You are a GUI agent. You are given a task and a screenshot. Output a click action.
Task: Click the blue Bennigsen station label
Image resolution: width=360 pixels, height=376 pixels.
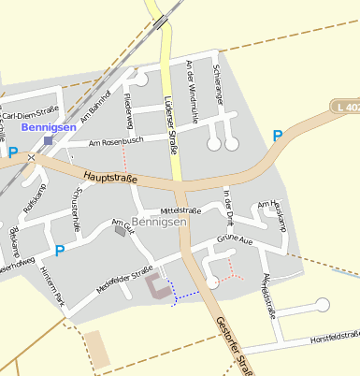tap(47, 125)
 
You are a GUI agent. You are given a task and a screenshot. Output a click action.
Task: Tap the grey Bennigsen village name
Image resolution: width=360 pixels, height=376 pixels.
tap(159, 223)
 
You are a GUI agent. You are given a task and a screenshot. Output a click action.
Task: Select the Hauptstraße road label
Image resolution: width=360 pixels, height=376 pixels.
tap(110, 175)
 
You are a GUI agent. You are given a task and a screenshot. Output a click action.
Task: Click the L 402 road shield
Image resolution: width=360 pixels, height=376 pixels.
tap(345, 108)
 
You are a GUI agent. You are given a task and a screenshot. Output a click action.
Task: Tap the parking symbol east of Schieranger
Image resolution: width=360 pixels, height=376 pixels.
tap(277, 136)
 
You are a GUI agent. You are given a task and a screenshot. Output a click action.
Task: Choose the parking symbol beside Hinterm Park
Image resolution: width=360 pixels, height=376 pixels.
tap(59, 250)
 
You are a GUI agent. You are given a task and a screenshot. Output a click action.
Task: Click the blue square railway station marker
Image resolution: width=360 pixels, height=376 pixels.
tap(48, 140)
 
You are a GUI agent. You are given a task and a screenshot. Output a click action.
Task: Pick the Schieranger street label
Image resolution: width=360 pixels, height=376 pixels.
tap(218, 83)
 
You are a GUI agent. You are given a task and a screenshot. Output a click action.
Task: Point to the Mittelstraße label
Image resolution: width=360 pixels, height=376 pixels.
tap(181, 210)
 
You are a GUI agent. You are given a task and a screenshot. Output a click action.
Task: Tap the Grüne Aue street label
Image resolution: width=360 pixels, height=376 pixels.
tap(237, 240)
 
